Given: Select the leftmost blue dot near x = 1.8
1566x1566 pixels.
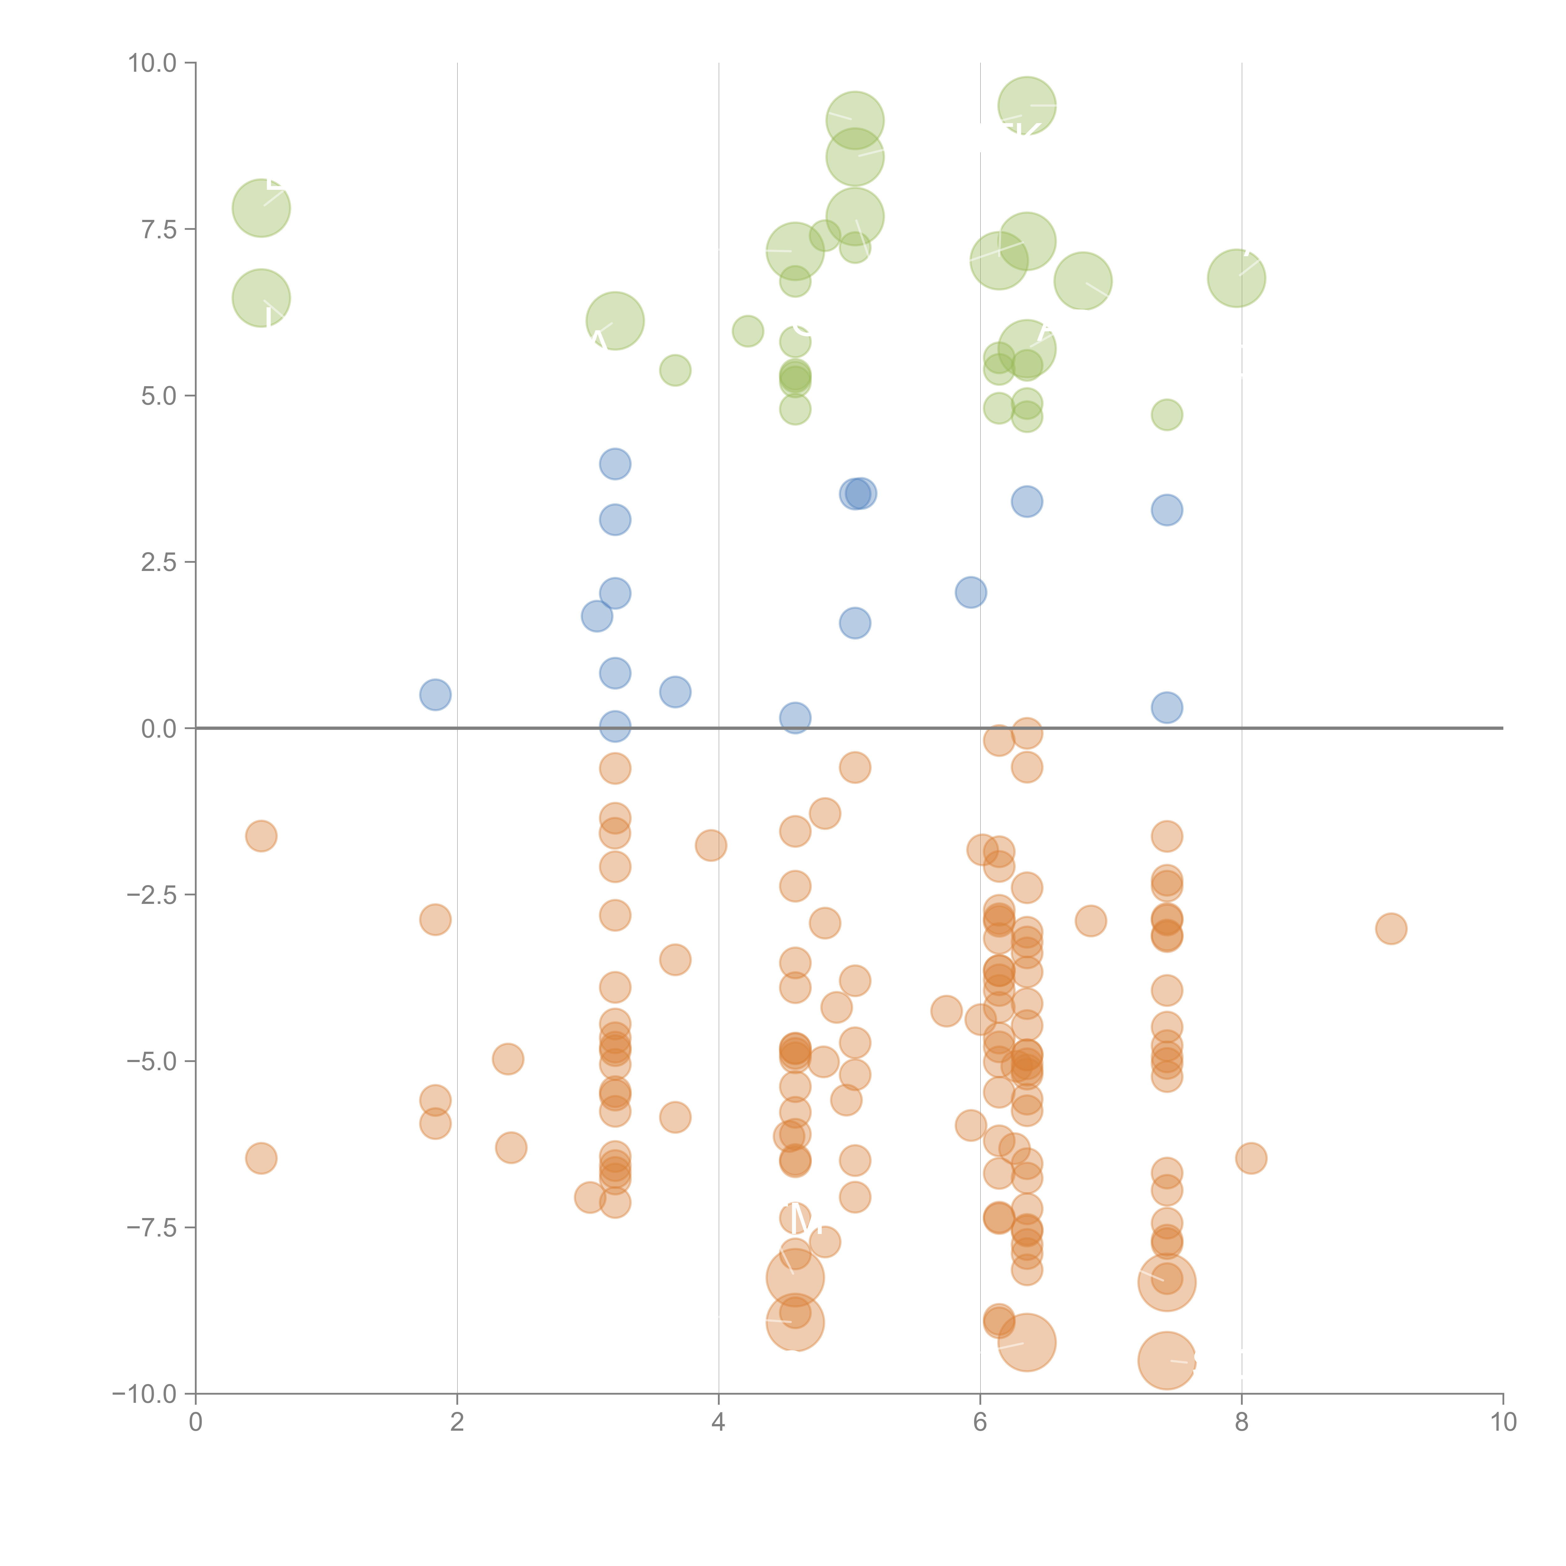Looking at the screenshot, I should pyautogui.click(x=435, y=695).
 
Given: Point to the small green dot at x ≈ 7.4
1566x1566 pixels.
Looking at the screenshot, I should pyautogui.click(x=1166, y=415).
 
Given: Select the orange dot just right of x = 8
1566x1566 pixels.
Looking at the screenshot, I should pyautogui.click(x=1251, y=1158).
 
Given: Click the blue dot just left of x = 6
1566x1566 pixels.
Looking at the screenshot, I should pyautogui.click(x=970, y=593).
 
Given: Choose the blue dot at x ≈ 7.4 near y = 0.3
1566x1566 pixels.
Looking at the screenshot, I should pyautogui.click(x=1166, y=708).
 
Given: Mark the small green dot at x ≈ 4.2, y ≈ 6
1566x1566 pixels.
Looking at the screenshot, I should pyautogui.click(x=747, y=331).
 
